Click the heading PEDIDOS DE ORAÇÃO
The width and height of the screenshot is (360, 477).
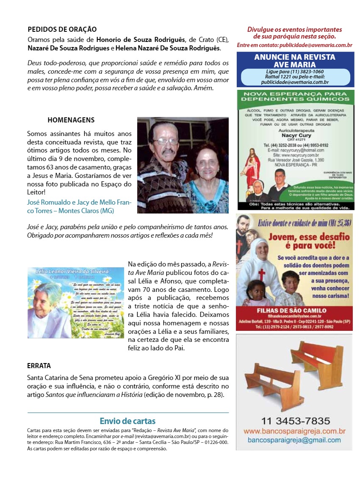pyautogui.click(x=62, y=30)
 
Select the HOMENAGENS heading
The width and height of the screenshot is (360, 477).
pyautogui.click(x=71, y=120)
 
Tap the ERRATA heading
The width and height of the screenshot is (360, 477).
pyautogui.click(x=39, y=366)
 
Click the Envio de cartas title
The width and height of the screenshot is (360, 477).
pyautogui.click(x=127, y=421)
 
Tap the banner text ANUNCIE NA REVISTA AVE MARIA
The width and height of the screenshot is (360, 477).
pyautogui.click(x=295, y=61)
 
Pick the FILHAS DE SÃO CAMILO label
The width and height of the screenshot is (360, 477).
pyautogui.click(x=291, y=311)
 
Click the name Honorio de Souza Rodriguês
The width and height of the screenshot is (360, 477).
pyautogui.click(x=141, y=40)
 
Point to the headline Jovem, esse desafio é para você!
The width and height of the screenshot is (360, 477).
pyautogui.click(x=305, y=241)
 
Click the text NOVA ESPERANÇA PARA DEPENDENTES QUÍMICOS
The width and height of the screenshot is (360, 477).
pyautogui.click(x=295, y=96)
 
